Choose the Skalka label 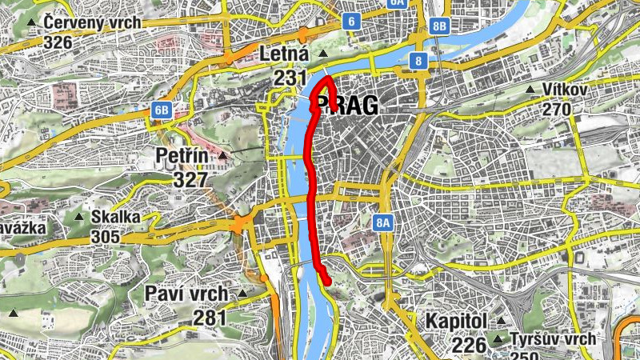[116, 217]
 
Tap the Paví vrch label [186, 294]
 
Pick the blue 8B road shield [439, 26]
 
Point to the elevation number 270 [556, 110]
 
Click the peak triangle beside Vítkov [531, 90]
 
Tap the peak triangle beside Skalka [79, 216]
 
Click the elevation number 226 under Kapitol [469, 345]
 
